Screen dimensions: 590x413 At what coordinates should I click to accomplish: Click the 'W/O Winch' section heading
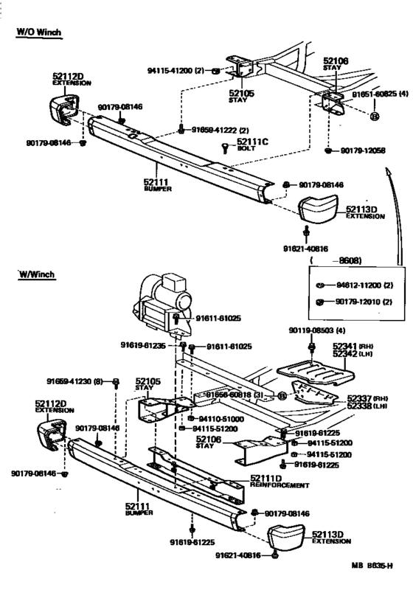tap(39, 32)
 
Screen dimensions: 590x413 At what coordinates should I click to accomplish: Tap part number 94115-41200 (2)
tap(174, 72)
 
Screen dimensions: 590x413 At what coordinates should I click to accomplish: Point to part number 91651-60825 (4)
tap(381, 94)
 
